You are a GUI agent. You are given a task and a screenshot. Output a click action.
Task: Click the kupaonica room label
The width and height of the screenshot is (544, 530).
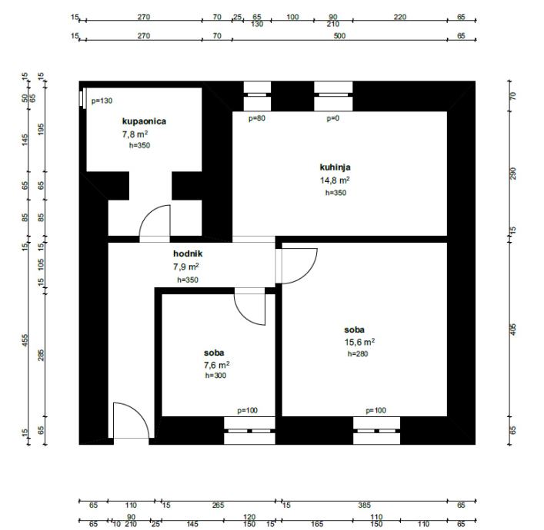point(144,121)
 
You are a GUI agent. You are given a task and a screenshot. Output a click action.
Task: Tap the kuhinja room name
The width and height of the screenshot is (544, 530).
point(335,167)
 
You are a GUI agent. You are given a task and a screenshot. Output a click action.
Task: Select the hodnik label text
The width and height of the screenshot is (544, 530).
point(188,253)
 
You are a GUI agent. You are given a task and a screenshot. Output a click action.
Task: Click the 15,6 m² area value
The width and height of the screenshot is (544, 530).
point(359,342)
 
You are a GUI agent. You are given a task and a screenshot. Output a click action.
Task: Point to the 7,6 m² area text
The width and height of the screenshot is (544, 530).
point(216,365)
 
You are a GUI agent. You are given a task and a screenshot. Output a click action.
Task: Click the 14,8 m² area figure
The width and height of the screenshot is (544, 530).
point(335,181)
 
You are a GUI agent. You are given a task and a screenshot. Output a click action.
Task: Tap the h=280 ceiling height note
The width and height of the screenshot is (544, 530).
point(358,353)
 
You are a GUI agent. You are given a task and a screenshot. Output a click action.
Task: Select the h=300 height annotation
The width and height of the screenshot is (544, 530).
point(215,376)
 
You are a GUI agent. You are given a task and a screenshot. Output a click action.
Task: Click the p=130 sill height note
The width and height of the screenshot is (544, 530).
point(102,101)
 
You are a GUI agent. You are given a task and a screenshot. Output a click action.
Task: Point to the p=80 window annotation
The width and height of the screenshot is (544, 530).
point(257,118)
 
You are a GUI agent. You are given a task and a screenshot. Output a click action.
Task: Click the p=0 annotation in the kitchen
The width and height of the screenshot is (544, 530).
point(332,118)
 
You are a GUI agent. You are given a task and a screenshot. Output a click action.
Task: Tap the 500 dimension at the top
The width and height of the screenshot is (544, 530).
point(339,35)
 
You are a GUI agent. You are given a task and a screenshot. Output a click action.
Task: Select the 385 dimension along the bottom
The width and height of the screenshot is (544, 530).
point(364,505)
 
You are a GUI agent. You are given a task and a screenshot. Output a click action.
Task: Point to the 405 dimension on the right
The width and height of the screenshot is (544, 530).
point(513,329)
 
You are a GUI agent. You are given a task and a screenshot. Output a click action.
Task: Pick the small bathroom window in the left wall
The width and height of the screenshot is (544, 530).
point(82,98)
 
